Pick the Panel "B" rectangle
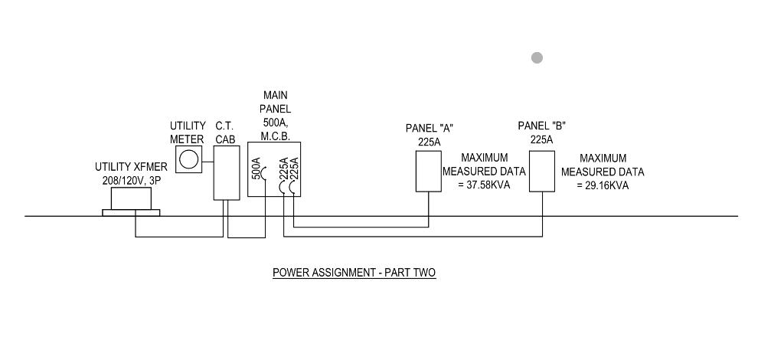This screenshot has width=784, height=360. (x=542, y=171)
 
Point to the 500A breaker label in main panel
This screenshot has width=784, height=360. (x=256, y=169)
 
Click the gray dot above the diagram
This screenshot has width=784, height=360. (x=537, y=57)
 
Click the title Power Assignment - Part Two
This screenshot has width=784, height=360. (x=354, y=273)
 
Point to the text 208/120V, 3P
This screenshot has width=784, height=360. (x=131, y=180)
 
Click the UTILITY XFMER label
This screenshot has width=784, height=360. (x=131, y=167)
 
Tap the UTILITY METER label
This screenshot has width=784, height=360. (x=188, y=133)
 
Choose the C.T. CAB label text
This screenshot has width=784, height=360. (x=224, y=133)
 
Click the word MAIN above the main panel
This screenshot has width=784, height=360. (x=275, y=96)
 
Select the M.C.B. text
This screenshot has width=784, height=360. (x=275, y=136)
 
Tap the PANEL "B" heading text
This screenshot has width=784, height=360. (x=542, y=126)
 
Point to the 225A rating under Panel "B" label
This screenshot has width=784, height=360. (x=542, y=139)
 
